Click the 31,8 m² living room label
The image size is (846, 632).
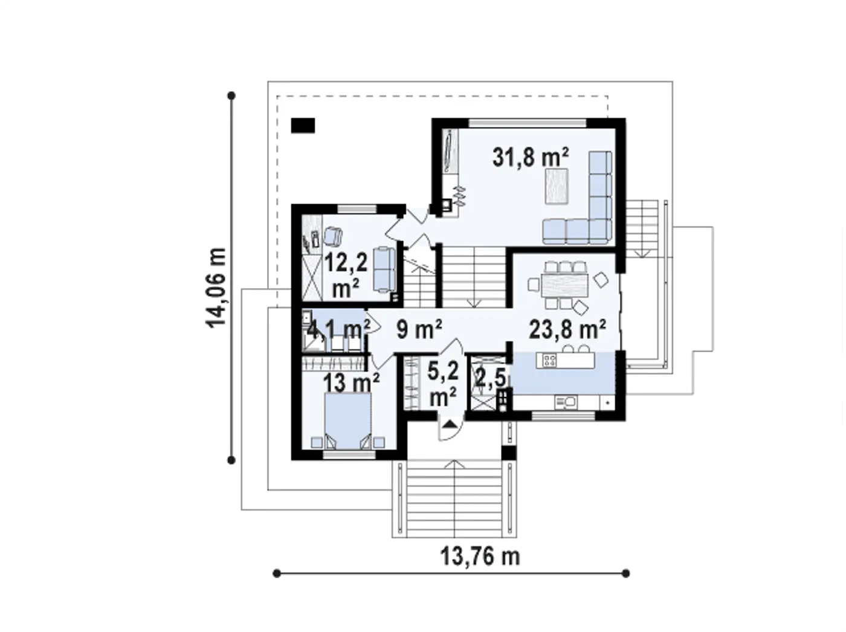(530, 158)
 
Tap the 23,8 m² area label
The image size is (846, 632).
(567, 329)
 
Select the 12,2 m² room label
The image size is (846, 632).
(346, 275)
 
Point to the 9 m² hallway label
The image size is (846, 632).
(419, 329)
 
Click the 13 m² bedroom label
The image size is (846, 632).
(351, 382)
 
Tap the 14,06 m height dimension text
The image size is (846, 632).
(216, 288)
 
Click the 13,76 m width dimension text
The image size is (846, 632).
(480, 556)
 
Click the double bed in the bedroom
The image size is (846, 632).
(348, 421)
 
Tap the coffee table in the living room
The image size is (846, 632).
(557, 186)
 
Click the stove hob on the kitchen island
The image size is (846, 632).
(549, 360)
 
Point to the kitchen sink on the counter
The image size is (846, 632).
(564, 402)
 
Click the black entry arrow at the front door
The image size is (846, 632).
(450, 425)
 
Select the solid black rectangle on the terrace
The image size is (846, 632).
(303, 126)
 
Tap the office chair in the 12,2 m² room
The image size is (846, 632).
(332, 236)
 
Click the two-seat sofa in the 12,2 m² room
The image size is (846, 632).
(384, 269)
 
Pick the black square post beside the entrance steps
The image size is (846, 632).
(508, 453)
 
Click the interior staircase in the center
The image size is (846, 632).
(473, 277)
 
